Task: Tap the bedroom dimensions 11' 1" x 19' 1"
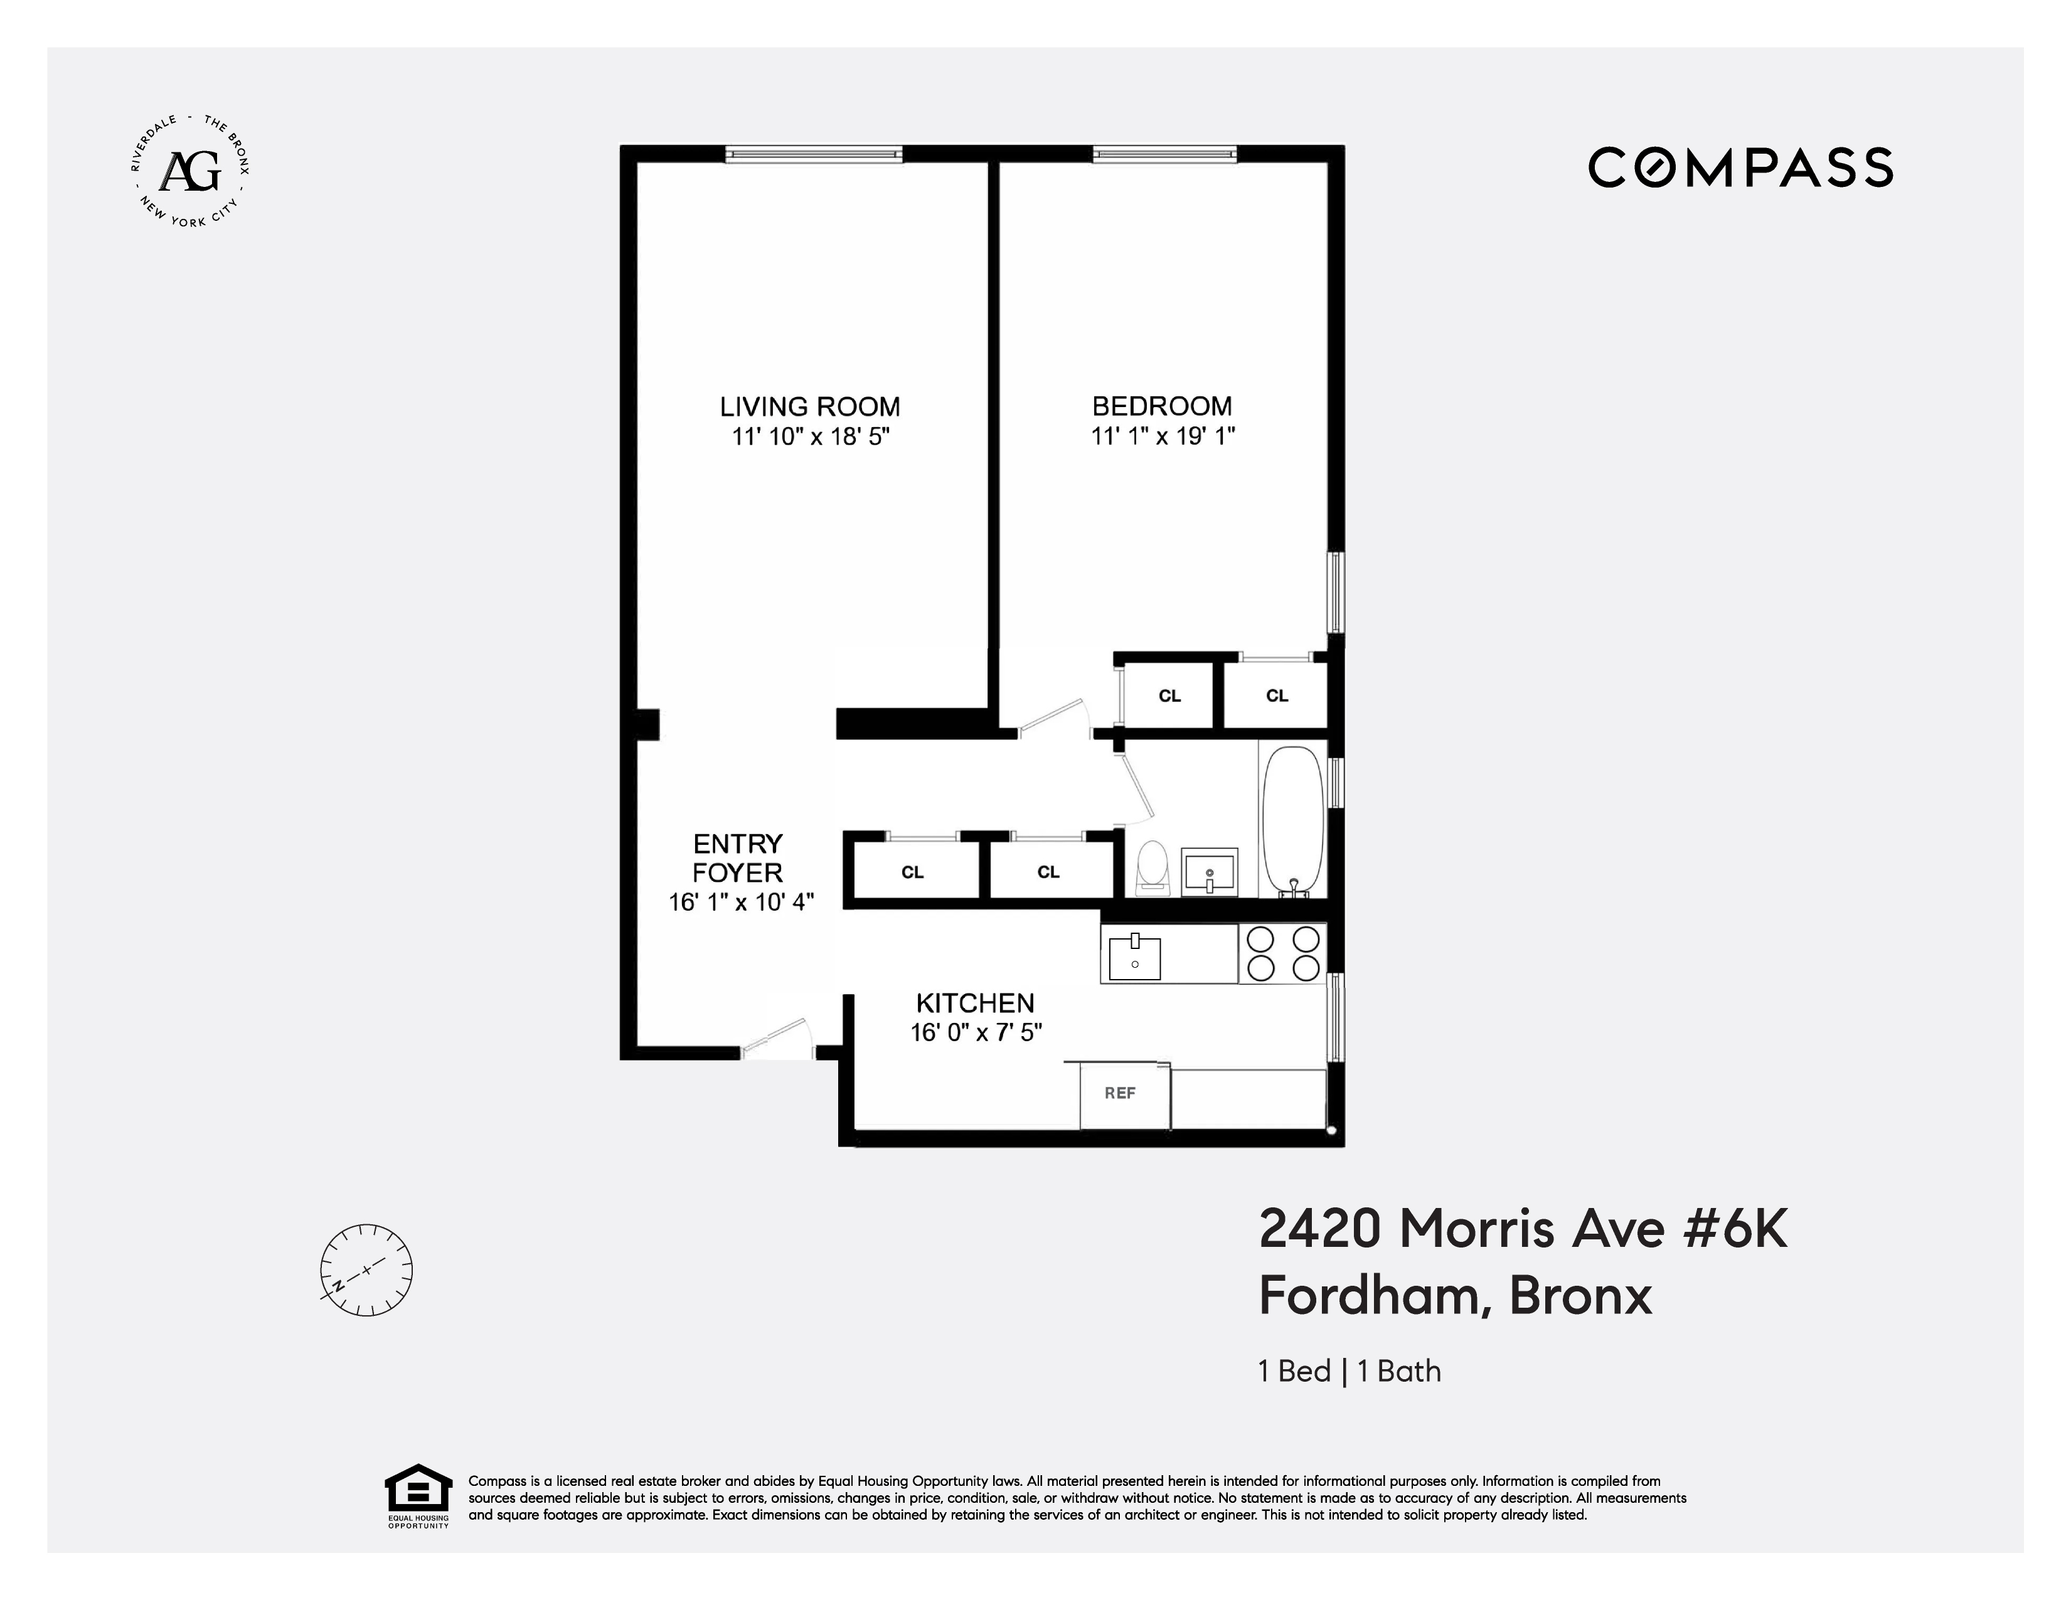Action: click(x=1163, y=436)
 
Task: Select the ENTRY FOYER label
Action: click(x=738, y=858)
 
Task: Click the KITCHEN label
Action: click(x=975, y=1003)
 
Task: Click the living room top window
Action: click(x=814, y=154)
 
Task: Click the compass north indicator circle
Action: click(x=366, y=1269)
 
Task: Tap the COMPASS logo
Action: click(x=1740, y=167)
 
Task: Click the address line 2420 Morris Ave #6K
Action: click(x=1522, y=1229)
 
